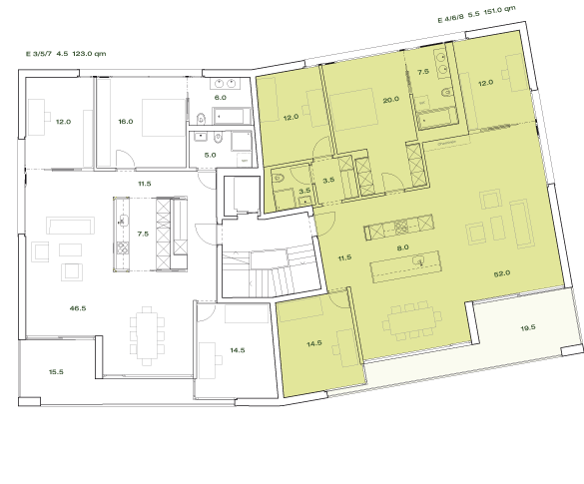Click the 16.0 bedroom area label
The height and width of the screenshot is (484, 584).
click(125, 122)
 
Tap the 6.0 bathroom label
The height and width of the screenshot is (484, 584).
click(221, 98)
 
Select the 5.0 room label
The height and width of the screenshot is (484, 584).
click(210, 156)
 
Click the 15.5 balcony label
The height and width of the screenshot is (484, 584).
click(56, 372)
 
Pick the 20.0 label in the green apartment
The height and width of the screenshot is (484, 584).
click(390, 99)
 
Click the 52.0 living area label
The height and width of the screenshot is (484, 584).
click(501, 272)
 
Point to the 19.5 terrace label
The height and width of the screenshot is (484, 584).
click(528, 327)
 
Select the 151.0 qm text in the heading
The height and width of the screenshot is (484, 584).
click(500, 11)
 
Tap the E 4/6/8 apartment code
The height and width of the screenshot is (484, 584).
click(451, 17)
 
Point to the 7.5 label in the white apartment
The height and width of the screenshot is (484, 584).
click(143, 234)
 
